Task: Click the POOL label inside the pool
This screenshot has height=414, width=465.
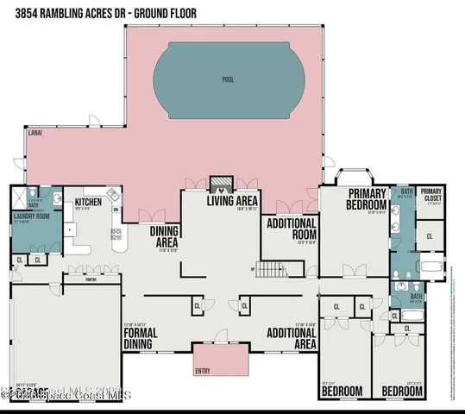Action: pyautogui.click(x=228, y=78)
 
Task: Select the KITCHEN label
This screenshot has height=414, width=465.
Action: pyautogui.click(x=88, y=202)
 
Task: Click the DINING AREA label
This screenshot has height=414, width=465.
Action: pyautogui.click(x=164, y=236)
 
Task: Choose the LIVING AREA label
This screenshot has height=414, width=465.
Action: pyautogui.click(x=232, y=202)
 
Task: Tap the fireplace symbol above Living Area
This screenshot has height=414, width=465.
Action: pyautogui.click(x=222, y=183)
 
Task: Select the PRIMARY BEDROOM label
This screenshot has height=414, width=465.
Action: pyautogui.click(x=366, y=199)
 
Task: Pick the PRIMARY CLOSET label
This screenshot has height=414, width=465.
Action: pyautogui.click(x=431, y=195)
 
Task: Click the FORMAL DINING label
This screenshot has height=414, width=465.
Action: pyautogui.click(x=140, y=337)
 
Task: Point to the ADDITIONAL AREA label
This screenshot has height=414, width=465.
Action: pyautogui.click(x=291, y=337)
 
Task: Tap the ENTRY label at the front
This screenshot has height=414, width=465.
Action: pyautogui.click(x=202, y=372)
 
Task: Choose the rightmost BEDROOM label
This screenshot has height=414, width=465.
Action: pyautogui.click(x=403, y=391)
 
